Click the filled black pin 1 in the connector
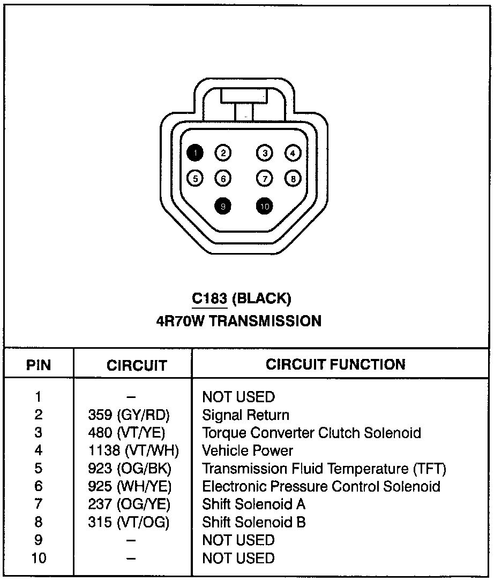[196, 154]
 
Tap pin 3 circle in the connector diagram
[265, 154]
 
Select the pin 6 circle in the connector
[222, 179]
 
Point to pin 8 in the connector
[293, 179]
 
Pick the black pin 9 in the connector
[222, 206]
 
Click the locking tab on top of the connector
[244, 96]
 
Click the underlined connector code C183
[209, 298]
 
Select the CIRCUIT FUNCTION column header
[335, 365]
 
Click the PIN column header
[39, 365]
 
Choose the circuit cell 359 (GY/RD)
[129, 415]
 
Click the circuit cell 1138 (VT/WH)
[133, 451]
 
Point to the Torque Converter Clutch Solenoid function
[311, 433]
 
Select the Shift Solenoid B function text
[254, 522]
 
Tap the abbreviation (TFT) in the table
[430, 469]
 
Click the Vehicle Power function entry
[248, 451]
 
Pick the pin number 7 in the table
[39, 504]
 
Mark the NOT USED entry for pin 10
[238, 558]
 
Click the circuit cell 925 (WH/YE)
[129, 487]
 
